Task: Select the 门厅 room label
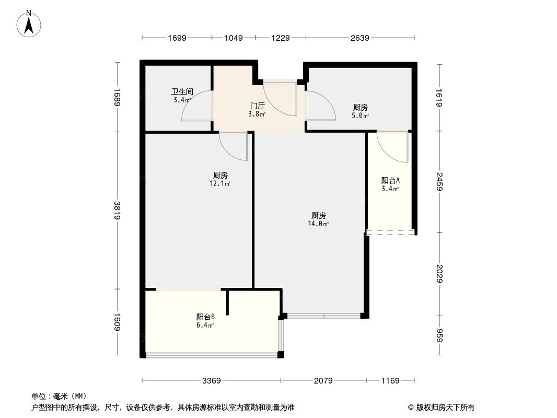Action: click(257, 106)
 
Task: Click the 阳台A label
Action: click(390, 181)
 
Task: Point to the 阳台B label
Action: click(205, 317)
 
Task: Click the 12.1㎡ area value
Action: click(220, 183)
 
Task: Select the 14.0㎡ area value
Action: click(318, 224)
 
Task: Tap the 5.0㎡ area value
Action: click(361, 115)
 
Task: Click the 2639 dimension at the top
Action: click(359, 38)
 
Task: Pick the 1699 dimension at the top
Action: click(177, 38)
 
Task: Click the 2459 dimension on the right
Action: click(440, 181)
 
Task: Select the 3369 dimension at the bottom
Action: click(212, 381)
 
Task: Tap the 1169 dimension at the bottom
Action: click(390, 381)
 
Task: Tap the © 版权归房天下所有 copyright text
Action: click(442, 407)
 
